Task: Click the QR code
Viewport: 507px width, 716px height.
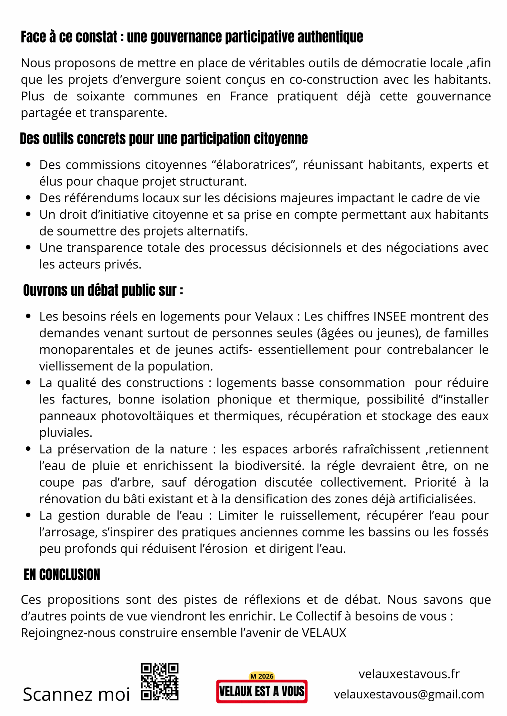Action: click(x=160, y=682)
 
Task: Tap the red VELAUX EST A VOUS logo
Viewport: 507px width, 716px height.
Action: click(x=262, y=691)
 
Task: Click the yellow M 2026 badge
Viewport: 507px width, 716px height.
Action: click(x=262, y=676)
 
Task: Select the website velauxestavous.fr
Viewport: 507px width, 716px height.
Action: click(x=409, y=674)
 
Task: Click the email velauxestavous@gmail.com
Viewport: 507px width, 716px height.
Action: click(x=409, y=695)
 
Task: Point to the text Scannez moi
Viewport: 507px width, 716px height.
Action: click(x=76, y=695)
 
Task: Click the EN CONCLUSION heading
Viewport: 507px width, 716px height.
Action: click(x=62, y=575)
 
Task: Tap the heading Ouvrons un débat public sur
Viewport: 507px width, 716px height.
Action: click(x=103, y=290)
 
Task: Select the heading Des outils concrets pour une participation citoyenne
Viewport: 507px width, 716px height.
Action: click(x=164, y=139)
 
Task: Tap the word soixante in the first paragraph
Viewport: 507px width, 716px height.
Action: click(x=101, y=96)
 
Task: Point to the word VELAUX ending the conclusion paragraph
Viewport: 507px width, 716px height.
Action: click(x=324, y=633)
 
